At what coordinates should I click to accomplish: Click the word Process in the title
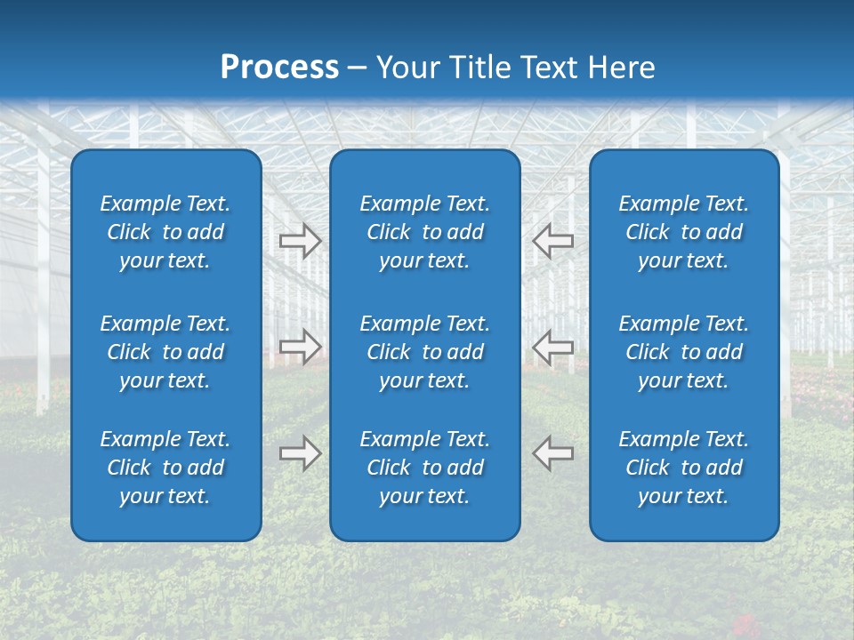pyautogui.click(x=279, y=68)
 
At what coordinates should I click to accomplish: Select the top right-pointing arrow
pyautogui.click(x=301, y=240)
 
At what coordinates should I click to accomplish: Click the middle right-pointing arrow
pyautogui.click(x=301, y=347)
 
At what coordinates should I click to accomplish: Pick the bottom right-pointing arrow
pyautogui.click(x=301, y=453)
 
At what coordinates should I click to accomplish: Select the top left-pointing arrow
pyautogui.click(x=552, y=240)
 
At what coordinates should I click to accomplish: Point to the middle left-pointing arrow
pyautogui.click(x=552, y=347)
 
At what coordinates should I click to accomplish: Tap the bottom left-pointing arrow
pyautogui.click(x=552, y=453)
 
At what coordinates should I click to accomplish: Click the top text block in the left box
pyautogui.click(x=165, y=232)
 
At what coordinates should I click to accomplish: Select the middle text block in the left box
pyautogui.click(x=165, y=352)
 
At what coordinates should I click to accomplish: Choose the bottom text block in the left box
pyautogui.click(x=165, y=468)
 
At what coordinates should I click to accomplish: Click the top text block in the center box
pyautogui.click(x=425, y=232)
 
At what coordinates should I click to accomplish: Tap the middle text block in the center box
pyautogui.click(x=425, y=352)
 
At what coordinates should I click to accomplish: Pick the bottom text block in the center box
pyautogui.click(x=425, y=468)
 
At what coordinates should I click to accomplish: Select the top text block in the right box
pyautogui.click(x=684, y=232)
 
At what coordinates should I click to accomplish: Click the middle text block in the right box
pyautogui.click(x=684, y=352)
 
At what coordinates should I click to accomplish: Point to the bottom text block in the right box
pyautogui.click(x=684, y=468)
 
